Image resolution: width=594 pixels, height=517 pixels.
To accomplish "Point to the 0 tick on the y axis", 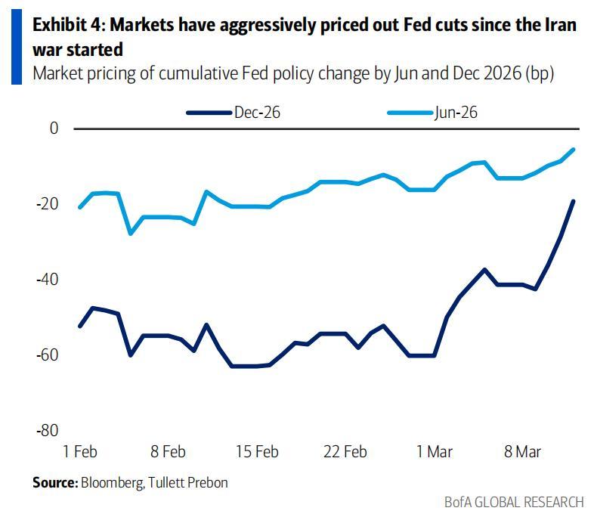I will point(54,128).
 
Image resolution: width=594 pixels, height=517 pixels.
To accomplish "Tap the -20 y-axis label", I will point(48,204).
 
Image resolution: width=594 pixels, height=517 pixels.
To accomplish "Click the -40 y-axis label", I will point(48,280).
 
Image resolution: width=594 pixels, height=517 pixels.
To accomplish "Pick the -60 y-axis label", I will point(48,354).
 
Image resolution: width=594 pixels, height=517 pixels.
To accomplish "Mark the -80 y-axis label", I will point(48,430).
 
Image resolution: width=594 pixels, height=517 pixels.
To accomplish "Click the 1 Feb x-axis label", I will point(79,452).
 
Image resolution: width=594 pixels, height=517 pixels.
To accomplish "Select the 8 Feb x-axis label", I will point(168,452).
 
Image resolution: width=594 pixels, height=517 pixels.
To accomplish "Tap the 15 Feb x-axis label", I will point(256,452).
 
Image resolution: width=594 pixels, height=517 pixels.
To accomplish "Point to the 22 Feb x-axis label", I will point(345,452).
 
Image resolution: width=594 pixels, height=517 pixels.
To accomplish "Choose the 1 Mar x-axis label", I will point(435,452).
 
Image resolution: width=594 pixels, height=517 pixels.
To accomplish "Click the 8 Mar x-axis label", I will point(523,452).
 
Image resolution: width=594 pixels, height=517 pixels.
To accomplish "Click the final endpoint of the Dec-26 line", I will point(573,201).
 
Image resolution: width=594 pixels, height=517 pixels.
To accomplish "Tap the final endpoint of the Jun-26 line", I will point(573,149).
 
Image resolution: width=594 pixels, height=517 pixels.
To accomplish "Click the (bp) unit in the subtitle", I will point(540,74).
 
